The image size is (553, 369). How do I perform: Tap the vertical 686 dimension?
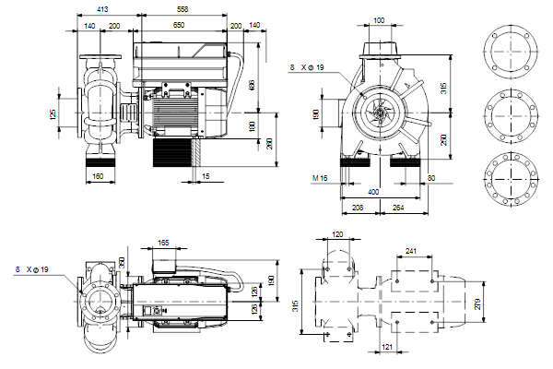[252, 85]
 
